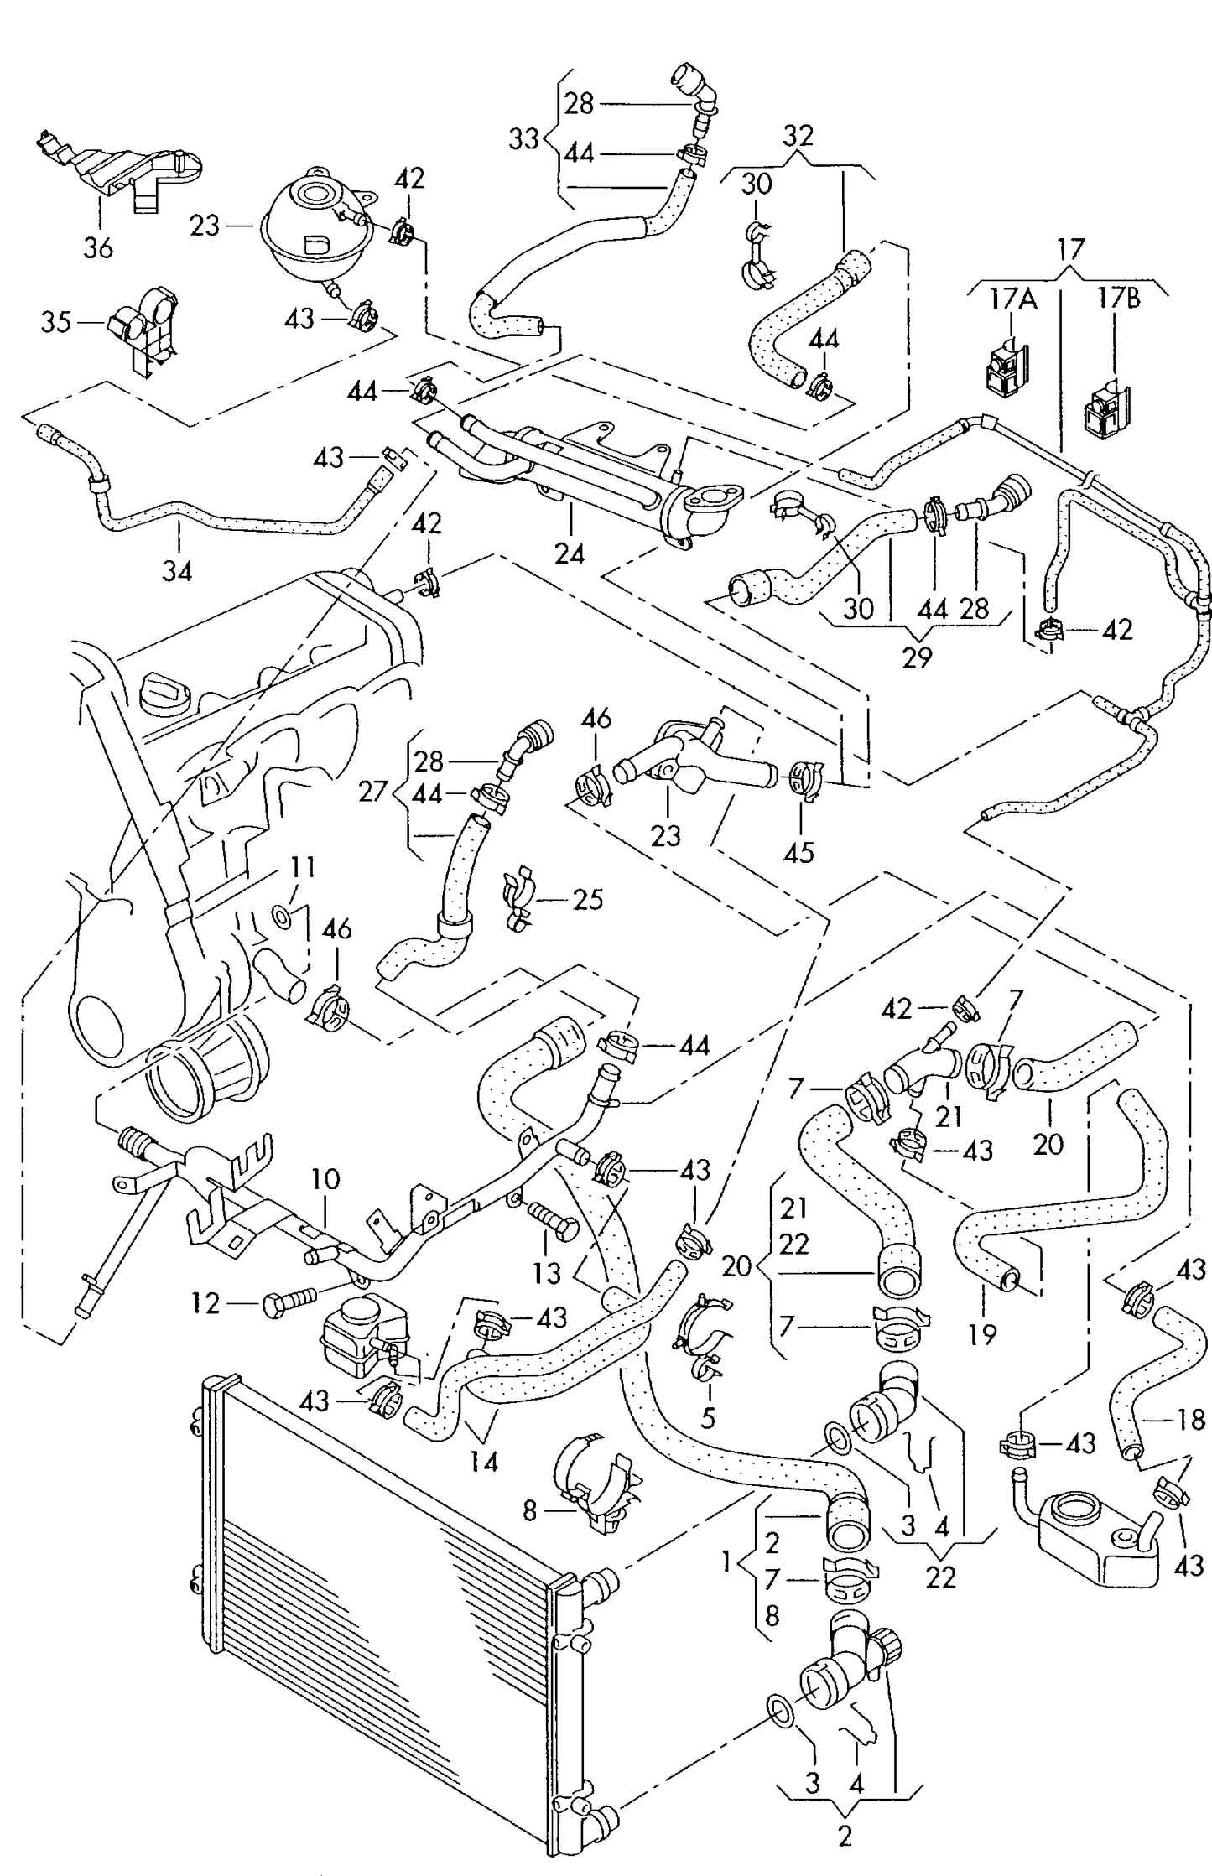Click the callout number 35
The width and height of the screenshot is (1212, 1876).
pos(56,322)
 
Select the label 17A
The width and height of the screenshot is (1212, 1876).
pos(1013,299)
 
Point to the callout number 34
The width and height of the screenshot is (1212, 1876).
pos(177,571)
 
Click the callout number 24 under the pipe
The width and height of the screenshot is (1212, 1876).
pos(570,553)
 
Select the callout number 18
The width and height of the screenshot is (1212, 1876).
pos(1190,1419)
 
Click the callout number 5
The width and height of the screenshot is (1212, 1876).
pos(709,1417)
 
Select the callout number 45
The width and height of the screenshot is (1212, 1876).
pos(798,852)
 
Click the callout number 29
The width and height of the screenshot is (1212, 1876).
pos(917,657)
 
